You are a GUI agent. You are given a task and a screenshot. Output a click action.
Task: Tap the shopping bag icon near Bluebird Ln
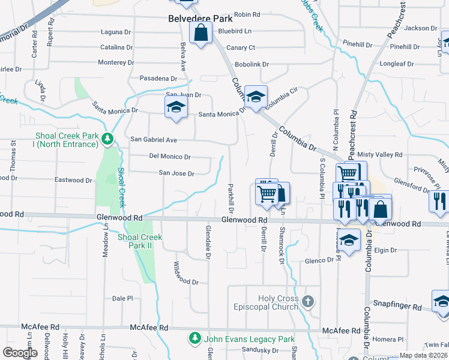click(201, 34)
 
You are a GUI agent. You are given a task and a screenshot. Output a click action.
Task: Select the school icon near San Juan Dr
click(176, 108)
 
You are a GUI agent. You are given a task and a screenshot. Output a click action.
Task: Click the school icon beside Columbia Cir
click(256, 97)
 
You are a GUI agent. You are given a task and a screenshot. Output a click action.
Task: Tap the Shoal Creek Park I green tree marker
click(107, 140)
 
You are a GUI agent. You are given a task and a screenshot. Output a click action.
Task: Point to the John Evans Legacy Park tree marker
click(194, 338)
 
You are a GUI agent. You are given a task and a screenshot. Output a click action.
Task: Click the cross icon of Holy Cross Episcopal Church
click(308, 301)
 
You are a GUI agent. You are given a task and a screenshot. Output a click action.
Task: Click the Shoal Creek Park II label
click(140, 241)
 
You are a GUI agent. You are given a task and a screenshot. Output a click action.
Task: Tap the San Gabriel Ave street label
click(154, 140)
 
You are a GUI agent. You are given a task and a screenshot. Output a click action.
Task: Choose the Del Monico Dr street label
click(169, 157)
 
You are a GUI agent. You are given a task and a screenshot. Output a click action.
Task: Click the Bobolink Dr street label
click(252, 64)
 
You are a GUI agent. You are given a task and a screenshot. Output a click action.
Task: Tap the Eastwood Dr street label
click(73, 180)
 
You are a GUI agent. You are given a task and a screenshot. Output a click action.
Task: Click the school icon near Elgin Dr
click(349, 241)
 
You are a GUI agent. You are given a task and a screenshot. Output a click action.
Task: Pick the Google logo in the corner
click(20, 353)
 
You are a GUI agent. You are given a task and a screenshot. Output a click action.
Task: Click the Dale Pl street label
click(122, 298)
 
